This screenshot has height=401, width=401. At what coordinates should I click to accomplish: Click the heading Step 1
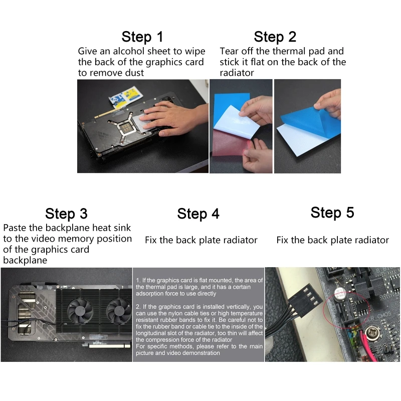pos(142,37)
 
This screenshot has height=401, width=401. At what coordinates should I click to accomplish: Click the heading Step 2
pos(275,37)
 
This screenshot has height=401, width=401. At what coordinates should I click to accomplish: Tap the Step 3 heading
pos(66,214)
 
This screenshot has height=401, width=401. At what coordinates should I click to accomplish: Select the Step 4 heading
pos(198,214)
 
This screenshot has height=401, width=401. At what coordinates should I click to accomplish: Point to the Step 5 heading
pos(332,212)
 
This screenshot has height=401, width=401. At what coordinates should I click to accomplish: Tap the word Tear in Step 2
pos(229,51)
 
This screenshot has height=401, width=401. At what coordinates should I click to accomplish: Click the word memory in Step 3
pos(76,239)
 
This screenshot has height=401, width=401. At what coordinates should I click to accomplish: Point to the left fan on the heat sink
pos(80,310)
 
